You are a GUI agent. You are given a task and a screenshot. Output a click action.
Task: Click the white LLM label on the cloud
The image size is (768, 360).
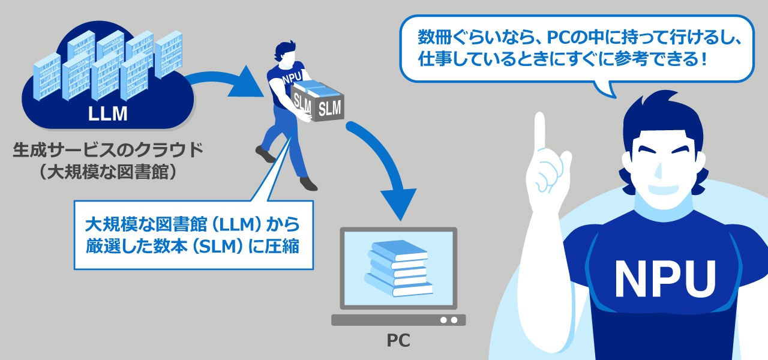tap(108, 113)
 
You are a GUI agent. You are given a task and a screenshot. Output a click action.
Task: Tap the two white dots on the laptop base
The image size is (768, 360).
tap(449, 320)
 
